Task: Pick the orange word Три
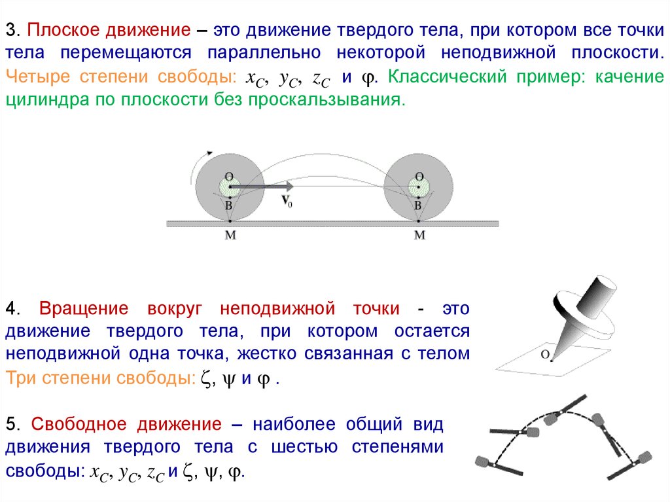pos(20,378)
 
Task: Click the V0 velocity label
pos(287,202)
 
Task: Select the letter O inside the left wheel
pos(229,176)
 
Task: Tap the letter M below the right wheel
pos(419,235)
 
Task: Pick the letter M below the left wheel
pos(230,235)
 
